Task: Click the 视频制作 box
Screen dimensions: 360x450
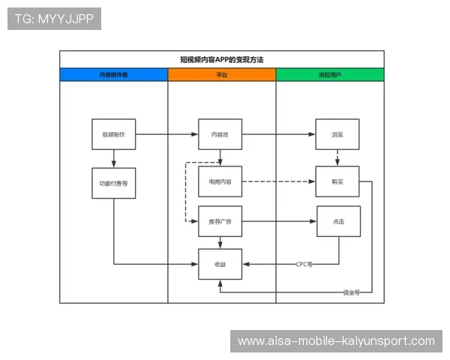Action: point(113,135)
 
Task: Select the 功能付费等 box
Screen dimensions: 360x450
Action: point(113,182)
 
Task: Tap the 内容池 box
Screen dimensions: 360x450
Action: point(220,135)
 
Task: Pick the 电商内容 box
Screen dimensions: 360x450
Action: point(220,181)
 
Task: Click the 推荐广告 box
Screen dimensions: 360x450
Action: point(220,221)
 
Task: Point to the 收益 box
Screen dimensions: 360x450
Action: point(220,264)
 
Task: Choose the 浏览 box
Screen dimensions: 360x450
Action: point(337,135)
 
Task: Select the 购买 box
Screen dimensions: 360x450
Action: point(337,181)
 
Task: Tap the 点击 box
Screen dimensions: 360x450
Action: point(337,221)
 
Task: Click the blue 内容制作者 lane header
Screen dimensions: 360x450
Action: point(113,75)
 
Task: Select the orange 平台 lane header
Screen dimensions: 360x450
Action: point(221,75)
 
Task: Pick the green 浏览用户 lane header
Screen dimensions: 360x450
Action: point(330,75)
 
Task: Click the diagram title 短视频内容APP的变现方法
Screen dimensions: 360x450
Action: point(221,58)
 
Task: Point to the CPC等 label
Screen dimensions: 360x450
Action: point(304,264)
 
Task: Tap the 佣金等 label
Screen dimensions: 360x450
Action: point(351,292)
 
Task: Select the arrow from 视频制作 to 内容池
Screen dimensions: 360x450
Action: point(166,135)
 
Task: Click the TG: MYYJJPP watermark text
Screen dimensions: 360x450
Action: point(54,19)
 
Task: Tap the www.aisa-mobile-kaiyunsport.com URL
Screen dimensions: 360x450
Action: point(336,341)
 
